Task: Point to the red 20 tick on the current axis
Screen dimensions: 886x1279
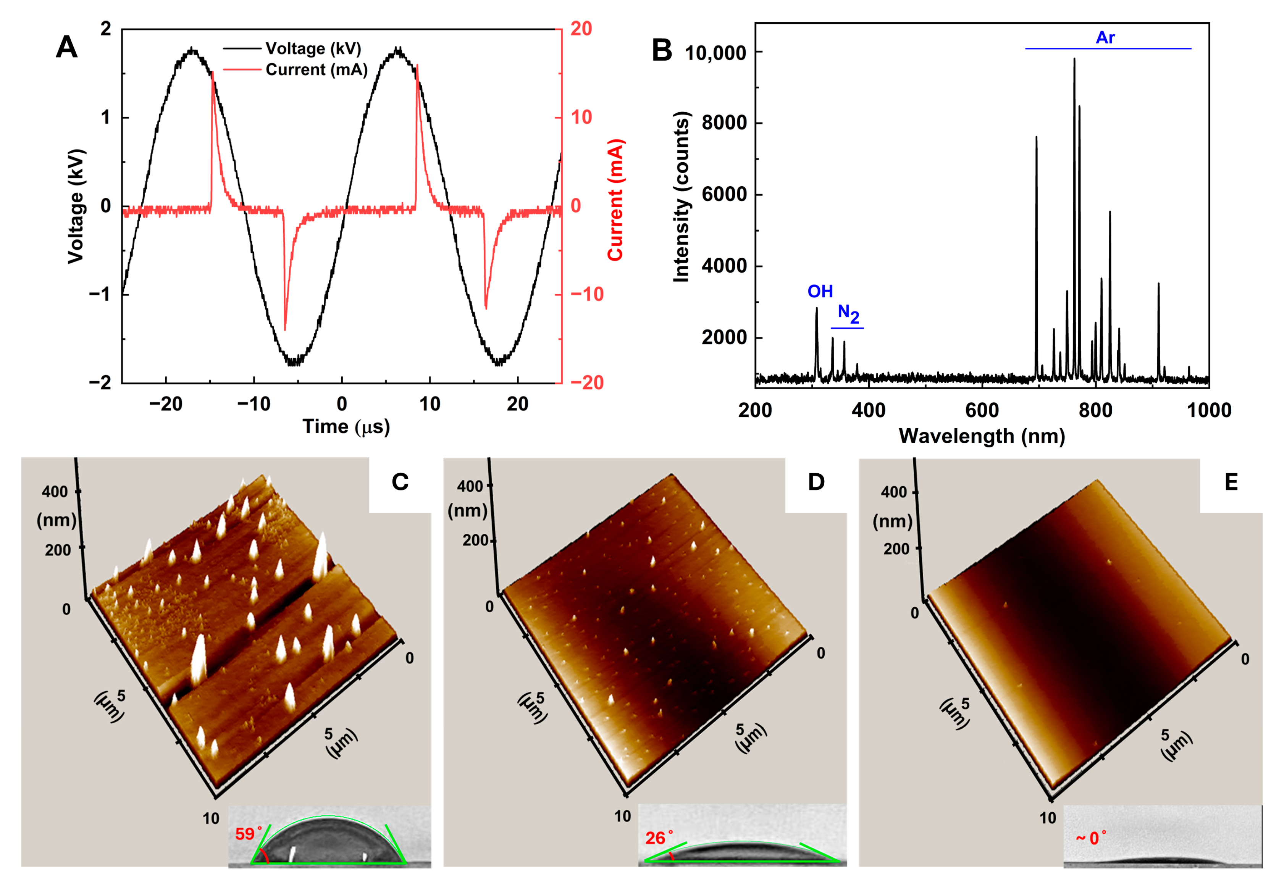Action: [581, 29]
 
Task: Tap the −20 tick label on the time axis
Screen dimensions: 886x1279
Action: [165, 404]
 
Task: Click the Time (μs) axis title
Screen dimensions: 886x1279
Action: [346, 426]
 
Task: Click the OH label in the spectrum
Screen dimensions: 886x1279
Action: [820, 291]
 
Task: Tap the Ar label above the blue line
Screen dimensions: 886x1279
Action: [1105, 38]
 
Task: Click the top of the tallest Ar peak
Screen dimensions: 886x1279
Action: [1074, 60]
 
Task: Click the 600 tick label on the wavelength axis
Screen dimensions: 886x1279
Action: [982, 410]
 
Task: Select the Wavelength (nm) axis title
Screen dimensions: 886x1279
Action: [982, 436]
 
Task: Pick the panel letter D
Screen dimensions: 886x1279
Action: [816, 482]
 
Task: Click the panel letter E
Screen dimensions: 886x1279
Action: [1231, 482]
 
